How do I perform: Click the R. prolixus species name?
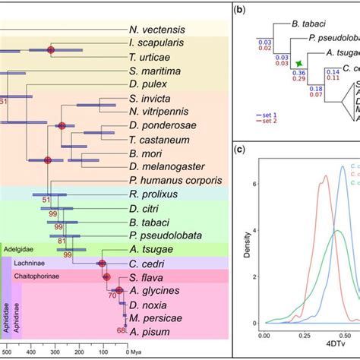(x=153, y=195)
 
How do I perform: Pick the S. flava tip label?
(x=147, y=277)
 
